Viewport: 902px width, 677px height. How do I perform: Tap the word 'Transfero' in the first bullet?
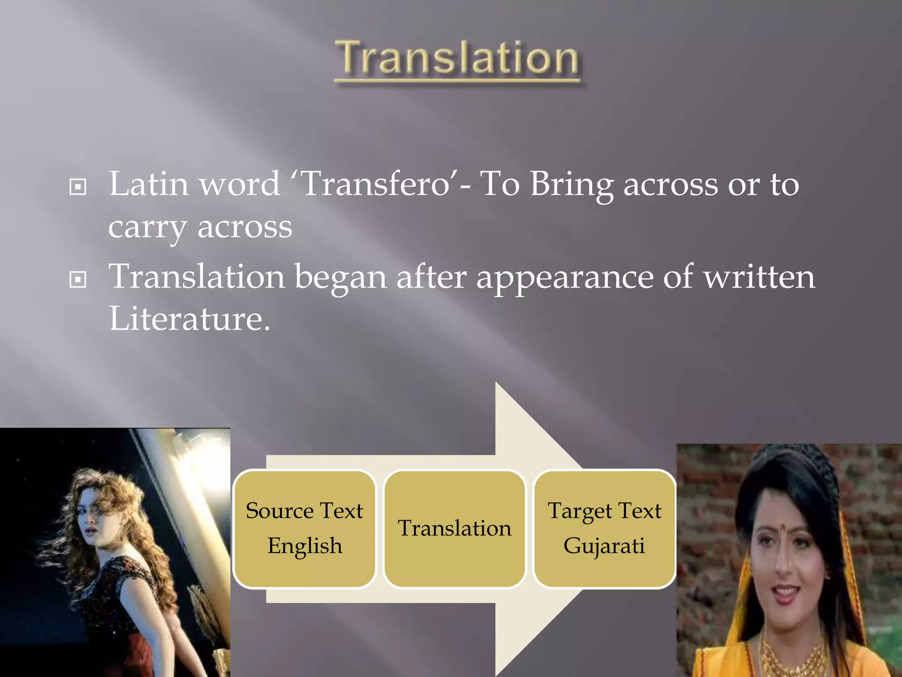point(377,184)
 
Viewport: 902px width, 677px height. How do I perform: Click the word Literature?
point(189,318)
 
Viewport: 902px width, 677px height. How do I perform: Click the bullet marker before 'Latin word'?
point(78,187)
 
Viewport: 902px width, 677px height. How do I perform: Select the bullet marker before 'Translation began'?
point(78,279)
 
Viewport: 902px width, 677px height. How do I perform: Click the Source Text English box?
point(304,528)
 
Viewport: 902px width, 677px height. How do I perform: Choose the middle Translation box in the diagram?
point(455,528)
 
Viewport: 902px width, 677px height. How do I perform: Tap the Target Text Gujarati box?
point(604,528)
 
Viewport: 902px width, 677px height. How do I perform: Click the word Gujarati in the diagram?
point(604,546)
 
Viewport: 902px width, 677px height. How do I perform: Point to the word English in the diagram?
point(304,546)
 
